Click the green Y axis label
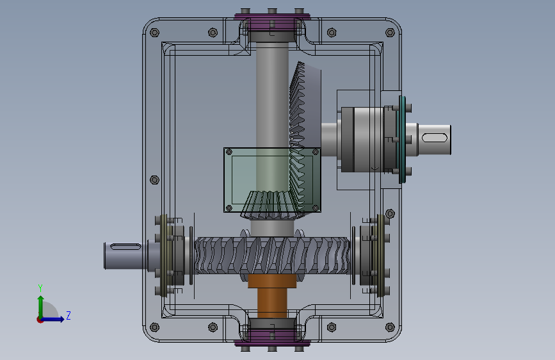point(40,288)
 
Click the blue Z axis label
point(68,315)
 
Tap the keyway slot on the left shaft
point(125,247)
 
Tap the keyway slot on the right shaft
point(435,138)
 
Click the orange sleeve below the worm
point(272,295)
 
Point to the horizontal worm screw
point(272,256)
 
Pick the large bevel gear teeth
point(297,138)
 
